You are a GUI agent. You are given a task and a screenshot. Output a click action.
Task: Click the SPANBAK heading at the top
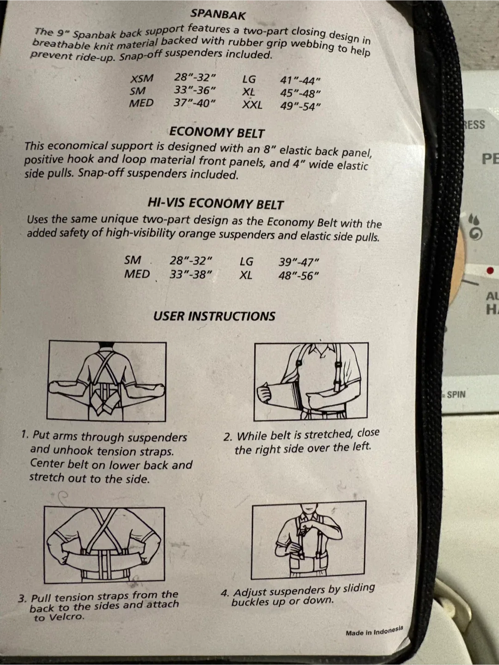218,14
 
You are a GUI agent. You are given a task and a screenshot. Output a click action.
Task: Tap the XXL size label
252,105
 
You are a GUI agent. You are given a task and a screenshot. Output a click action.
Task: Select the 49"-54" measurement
300,106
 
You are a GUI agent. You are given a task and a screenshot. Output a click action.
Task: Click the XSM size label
142,79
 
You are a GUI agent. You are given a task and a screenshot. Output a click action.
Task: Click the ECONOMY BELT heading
217,133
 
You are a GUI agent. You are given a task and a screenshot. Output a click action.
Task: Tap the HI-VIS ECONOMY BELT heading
215,204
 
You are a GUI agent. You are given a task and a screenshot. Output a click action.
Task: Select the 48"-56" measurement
298,275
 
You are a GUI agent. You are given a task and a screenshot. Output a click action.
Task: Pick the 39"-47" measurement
299,262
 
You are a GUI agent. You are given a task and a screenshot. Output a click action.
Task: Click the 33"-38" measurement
190,274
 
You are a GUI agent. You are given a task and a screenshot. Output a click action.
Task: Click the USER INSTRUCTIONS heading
214,316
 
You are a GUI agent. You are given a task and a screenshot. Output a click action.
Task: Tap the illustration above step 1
106,381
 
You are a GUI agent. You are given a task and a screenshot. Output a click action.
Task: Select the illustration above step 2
311,381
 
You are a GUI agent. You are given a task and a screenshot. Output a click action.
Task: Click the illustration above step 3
104,544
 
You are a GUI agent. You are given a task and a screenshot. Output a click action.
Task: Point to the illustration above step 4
309,539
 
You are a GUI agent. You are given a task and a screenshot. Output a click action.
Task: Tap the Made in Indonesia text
374,631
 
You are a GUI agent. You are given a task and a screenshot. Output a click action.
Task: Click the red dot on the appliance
490,270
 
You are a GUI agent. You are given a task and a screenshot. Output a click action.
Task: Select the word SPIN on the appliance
456,394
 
